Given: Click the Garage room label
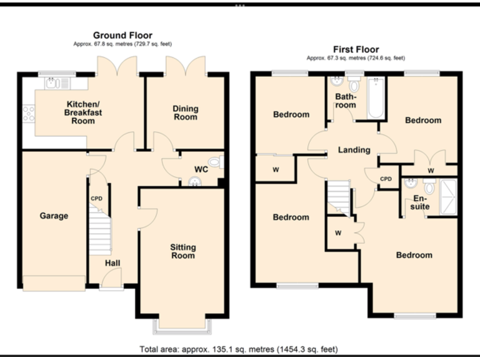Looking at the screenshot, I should [54, 216].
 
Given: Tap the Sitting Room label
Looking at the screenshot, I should [182, 251].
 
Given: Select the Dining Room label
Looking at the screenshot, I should [185, 113].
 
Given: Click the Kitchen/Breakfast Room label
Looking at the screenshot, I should [82, 112].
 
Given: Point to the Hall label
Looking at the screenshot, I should [112, 264].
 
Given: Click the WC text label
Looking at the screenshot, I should [201, 169].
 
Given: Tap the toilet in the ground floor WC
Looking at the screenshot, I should [215, 162].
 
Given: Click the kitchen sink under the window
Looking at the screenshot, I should [56, 82].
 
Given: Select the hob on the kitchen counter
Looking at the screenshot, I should [28, 113].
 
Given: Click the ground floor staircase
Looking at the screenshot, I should [99, 229].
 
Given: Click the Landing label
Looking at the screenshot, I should [354, 150].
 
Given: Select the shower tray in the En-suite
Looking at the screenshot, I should [449, 196].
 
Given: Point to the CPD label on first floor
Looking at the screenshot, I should [386, 179].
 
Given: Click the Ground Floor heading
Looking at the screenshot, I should [122, 36].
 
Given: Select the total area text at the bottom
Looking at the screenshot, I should [239, 349].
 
